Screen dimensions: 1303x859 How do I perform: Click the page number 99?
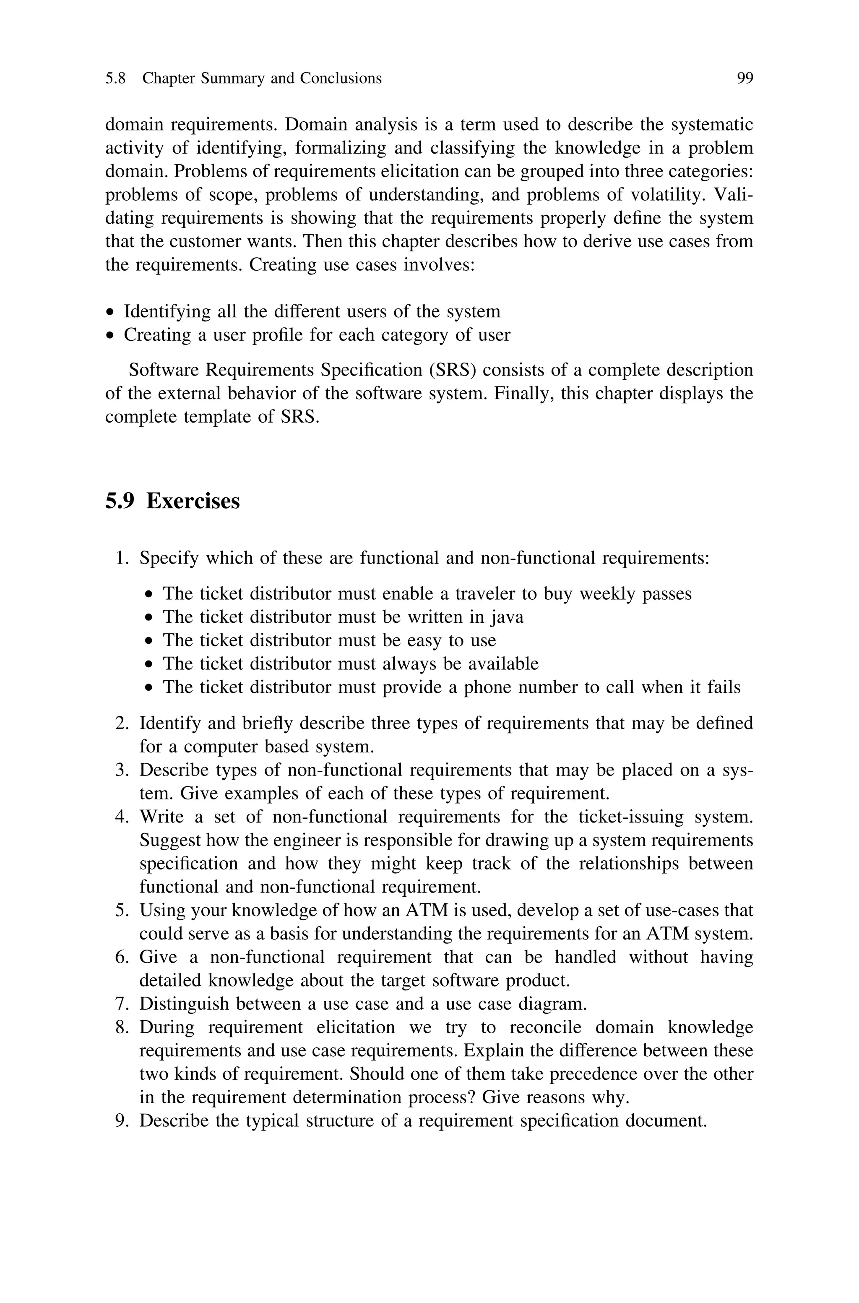744,78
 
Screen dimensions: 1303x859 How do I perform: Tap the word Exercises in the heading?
193,501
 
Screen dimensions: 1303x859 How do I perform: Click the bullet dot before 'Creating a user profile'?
111,335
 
